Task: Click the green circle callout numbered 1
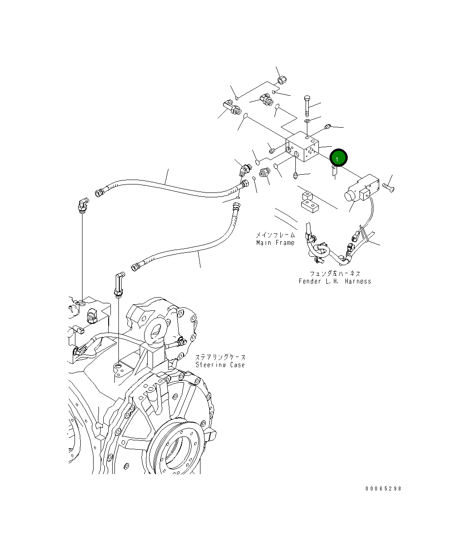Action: point(339,158)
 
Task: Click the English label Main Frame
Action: point(275,243)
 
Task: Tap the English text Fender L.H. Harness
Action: point(335,281)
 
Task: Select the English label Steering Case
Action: point(220,365)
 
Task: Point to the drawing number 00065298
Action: point(383,488)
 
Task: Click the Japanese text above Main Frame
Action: point(275,235)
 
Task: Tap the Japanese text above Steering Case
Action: point(220,357)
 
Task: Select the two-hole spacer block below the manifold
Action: point(309,202)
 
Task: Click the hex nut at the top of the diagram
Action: point(282,80)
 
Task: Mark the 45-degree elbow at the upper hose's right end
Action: point(244,169)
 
